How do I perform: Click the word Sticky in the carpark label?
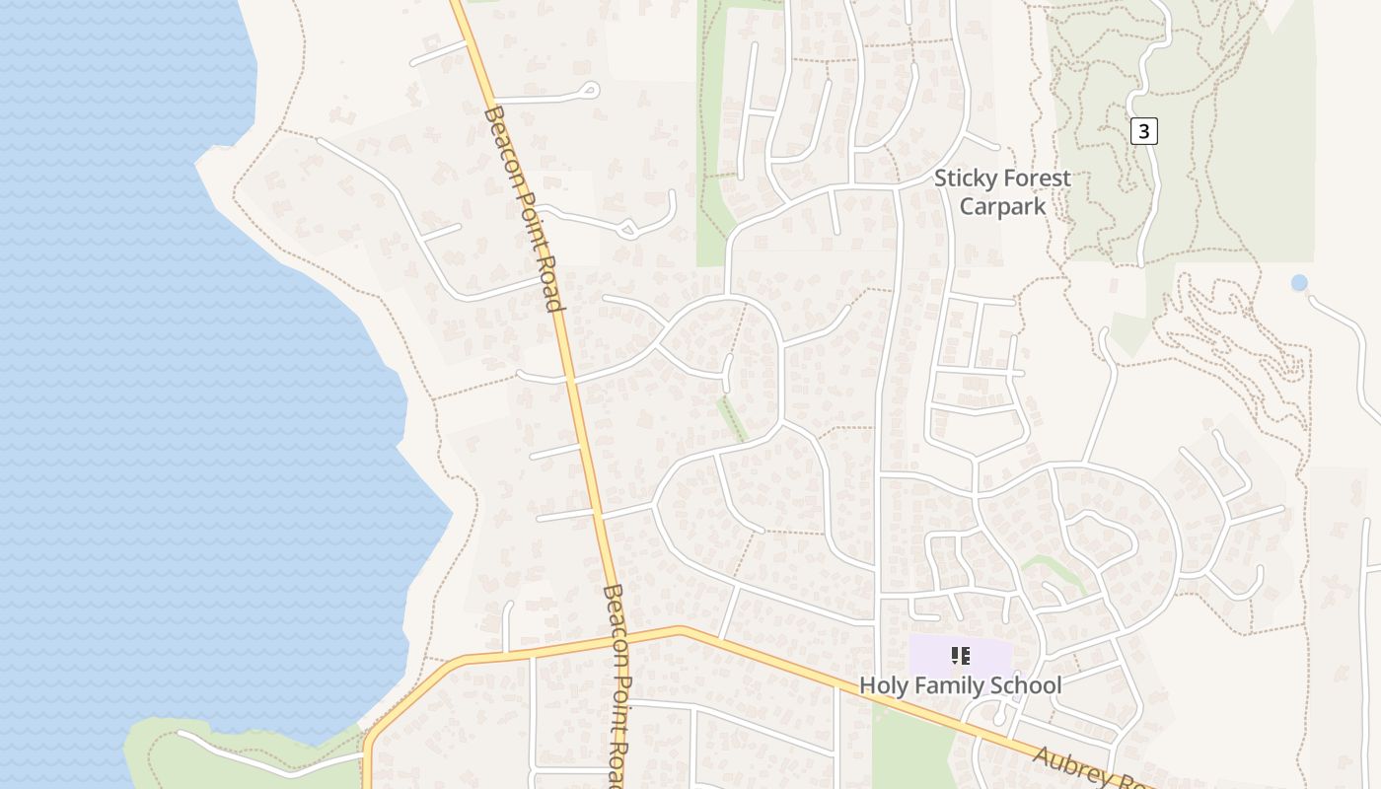tap(963, 179)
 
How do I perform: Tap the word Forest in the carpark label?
tap(1033, 179)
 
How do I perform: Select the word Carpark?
tap(1002, 206)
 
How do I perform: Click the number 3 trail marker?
tap(1142, 130)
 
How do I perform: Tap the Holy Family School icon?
tap(961, 656)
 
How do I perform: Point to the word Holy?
tap(884, 685)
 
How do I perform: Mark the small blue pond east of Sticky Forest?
tap(1299, 283)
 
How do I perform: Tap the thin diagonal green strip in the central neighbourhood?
tap(732, 418)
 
